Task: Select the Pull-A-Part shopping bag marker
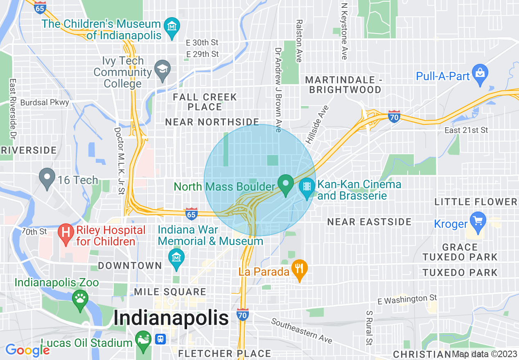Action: pos(480,74)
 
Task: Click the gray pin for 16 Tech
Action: pos(47,178)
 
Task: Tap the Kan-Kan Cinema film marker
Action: pos(307,188)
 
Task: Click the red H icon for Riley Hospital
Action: pos(65,232)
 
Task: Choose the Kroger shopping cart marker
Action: pos(477,221)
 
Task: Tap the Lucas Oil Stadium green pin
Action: pos(143,340)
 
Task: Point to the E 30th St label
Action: pos(202,43)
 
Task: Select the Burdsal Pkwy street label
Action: pos(45,102)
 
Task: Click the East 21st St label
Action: pos(466,130)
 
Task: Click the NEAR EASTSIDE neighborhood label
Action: pos(369,222)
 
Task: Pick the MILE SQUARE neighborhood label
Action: pos(170,292)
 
